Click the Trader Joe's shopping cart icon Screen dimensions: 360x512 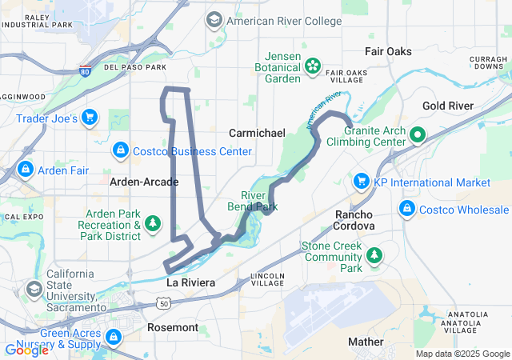click(x=90, y=118)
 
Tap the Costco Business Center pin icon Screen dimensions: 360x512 click(x=120, y=149)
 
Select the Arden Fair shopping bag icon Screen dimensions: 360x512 click(x=26, y=169)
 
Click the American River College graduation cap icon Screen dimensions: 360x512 click(x=214, y=19)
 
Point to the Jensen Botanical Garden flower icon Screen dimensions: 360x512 click(x=314, y=64)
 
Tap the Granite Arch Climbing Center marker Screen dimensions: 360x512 click(x=418, y=134)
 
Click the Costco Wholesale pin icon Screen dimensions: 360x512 click(x=407, y=209)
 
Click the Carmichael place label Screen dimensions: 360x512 click(x=257, y=133)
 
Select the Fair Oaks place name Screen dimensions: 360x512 click(x=388, y=51)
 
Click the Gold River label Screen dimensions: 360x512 click(x=448, y=106)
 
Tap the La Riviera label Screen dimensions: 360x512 click(x=190, y=283)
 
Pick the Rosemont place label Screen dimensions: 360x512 click(x=173, y=327)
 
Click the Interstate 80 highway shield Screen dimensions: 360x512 click(x=85, y=70)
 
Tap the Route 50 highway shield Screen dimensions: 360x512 click(x=163, y=303)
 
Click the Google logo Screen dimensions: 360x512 click(x=27, y=350)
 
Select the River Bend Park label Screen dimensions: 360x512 click(x=259, y=201)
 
